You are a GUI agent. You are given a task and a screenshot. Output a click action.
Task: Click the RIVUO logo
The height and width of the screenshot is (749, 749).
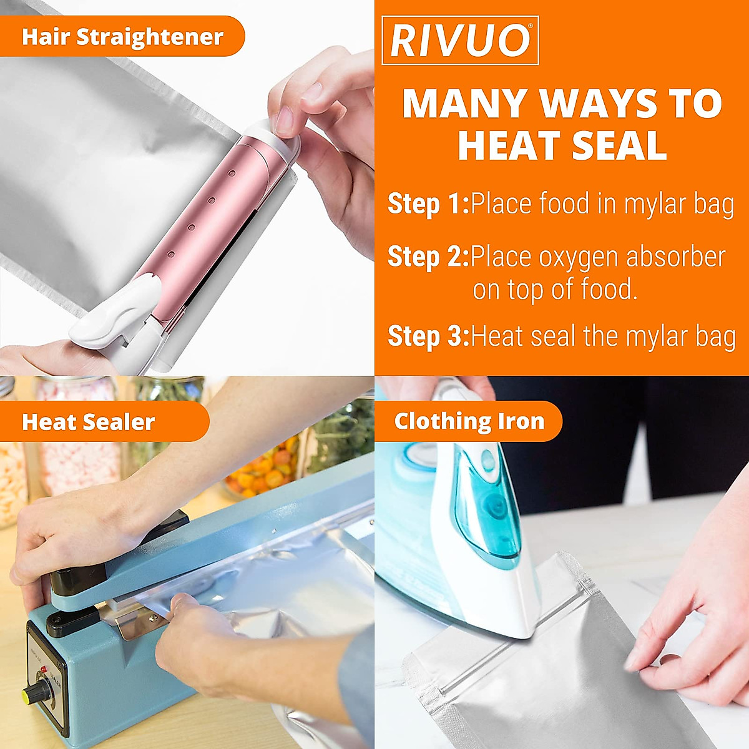pos(460,41)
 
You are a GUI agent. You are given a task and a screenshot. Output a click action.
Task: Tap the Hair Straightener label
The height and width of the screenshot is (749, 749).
pos(122,37)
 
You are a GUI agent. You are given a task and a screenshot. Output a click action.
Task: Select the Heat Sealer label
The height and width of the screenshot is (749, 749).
pos(88,422)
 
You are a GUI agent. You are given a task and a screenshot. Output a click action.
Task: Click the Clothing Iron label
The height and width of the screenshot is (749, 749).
pos(469,421)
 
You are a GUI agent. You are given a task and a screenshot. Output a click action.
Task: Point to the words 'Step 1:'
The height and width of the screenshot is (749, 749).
pos(428,204)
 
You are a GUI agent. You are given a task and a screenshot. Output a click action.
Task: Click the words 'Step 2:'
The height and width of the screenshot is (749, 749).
pos(428,257)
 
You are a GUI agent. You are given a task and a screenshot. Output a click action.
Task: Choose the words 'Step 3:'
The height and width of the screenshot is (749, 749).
pos(428,336)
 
